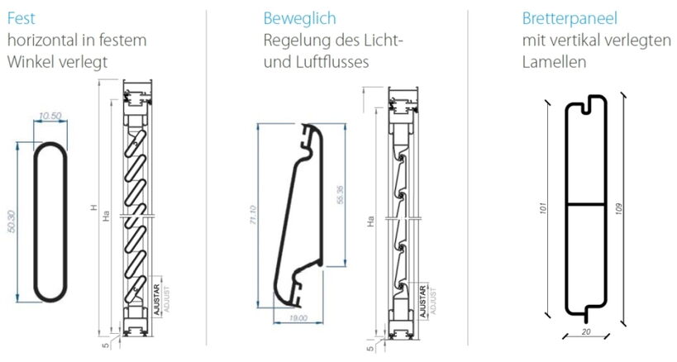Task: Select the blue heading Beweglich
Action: [299, 18]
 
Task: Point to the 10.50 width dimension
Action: [50, 116]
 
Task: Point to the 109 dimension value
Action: [631, 207]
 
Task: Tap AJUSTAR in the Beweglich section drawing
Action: [422, 298]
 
